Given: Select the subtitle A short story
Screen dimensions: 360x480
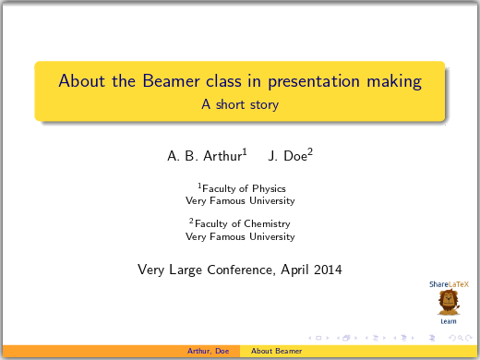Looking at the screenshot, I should [240, 105].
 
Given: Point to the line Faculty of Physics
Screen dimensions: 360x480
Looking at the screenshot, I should [241, 188].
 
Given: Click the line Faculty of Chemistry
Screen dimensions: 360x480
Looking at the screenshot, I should [241, 223].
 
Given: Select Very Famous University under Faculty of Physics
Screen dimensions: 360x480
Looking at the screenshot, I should [240, 200].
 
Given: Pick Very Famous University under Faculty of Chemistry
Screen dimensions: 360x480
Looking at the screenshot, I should [240, 236].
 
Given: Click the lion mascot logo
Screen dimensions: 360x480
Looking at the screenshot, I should [449, 302].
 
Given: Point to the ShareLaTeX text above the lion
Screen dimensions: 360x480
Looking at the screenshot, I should [449, 284].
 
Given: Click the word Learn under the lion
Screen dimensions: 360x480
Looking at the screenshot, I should [449, 321].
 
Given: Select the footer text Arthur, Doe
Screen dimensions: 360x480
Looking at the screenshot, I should [209, 352].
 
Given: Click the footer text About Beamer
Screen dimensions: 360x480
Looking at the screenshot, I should [277, 352].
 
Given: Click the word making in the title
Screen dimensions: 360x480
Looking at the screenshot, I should [395, 81].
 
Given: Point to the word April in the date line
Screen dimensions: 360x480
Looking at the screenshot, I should [294, 270].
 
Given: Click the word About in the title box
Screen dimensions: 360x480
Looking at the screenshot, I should [78, 81].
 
